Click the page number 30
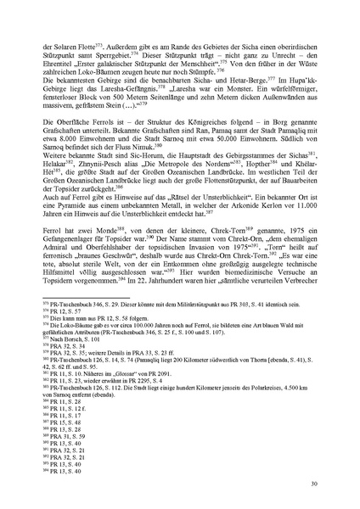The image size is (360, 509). click(x=314, y=484)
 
